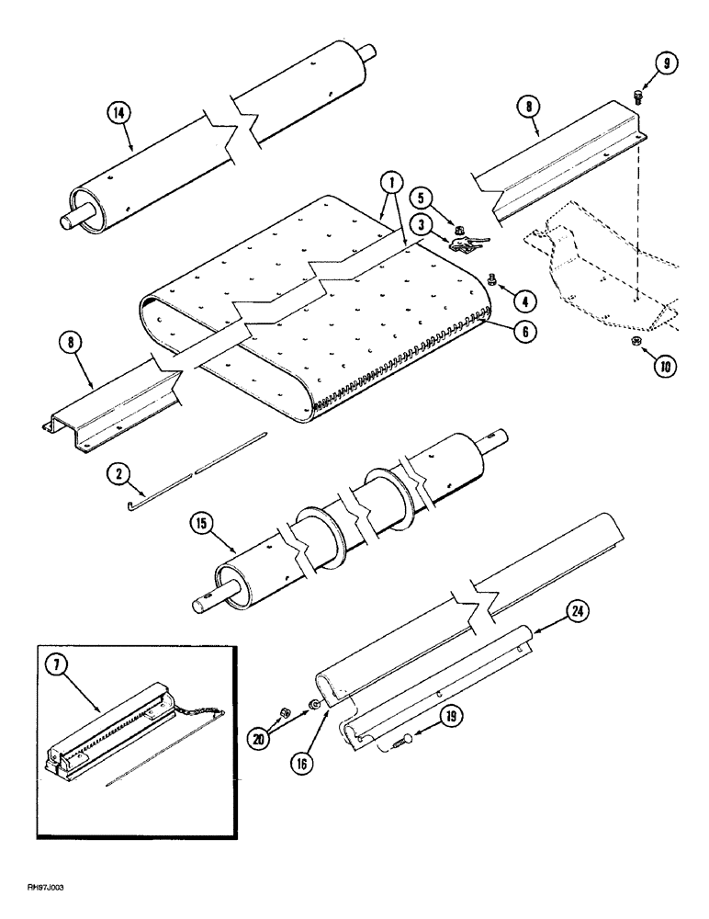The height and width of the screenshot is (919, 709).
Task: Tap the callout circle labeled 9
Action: (639, 64)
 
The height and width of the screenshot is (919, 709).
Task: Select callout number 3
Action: (422, 223)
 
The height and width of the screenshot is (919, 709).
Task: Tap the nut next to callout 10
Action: (636, 342)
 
